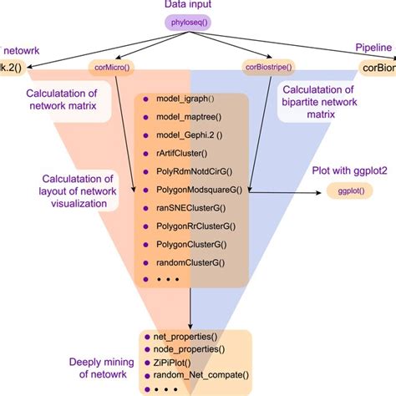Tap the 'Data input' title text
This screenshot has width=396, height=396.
tap(198, 7)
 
